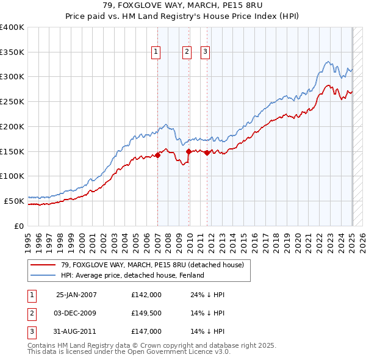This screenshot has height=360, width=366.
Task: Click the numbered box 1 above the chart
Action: (156, 52)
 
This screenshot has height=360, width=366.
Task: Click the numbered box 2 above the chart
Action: (187, 52)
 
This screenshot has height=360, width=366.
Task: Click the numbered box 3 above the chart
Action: (206, 52)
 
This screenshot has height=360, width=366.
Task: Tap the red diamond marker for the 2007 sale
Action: (157, 155)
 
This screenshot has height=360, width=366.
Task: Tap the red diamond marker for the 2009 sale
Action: (188, 151)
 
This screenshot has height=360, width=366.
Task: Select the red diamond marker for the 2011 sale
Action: (207, 153)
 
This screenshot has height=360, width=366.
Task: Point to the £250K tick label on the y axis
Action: (12, 102)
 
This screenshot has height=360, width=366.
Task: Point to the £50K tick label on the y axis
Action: (15, 201)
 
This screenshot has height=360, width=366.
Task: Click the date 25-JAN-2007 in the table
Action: (76, 295)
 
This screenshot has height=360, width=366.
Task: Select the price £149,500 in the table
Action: (146, 313)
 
